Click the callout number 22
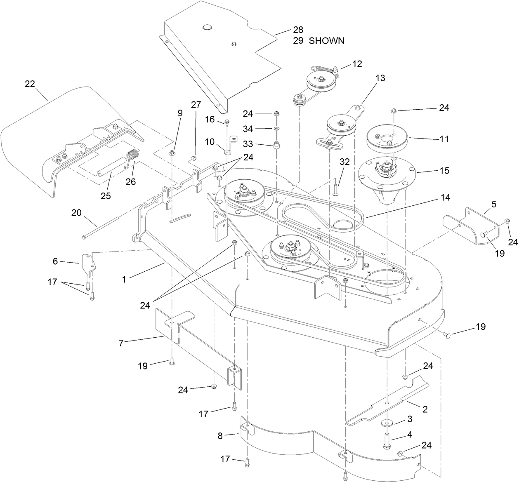(x=30, y=84)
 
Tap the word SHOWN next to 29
(x=326, y=41)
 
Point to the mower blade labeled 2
(x=388, y=402)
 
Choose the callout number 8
(x=220, y=435)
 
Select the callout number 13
(x=380, y=78)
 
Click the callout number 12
(x=356, y=64)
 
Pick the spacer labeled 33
(x=276, y=146)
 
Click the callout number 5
(x=493, y=204)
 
